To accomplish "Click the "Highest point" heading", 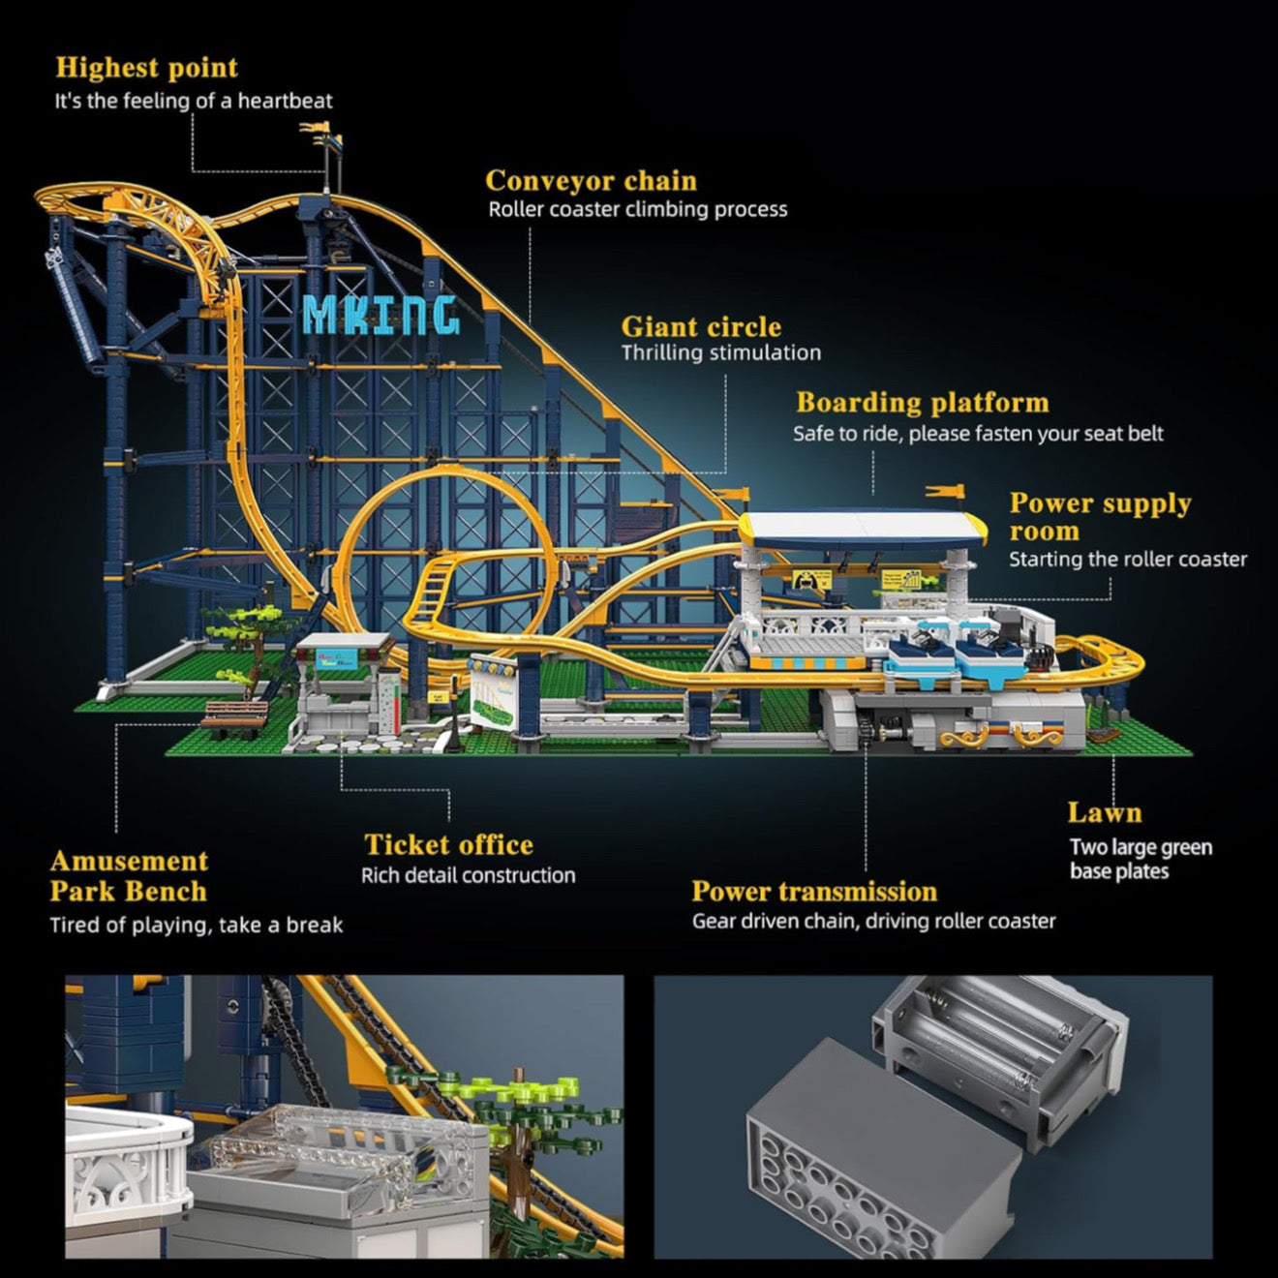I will point(146,68).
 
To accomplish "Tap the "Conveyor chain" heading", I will point(591,181).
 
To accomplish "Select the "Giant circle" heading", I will point(701,327).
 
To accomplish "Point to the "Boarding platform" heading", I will point(922,403).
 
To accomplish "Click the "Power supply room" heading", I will point(1099,517).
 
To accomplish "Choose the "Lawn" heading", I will point(1104,812).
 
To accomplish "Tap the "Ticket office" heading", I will point(448,845).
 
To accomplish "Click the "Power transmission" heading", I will point(814,892).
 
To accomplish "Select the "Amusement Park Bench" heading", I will point(129,876).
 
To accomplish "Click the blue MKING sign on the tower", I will point(380,314).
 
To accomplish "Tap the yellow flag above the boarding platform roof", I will point(946,492).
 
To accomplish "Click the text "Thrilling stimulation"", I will point(720,353).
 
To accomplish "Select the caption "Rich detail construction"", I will point(468,876).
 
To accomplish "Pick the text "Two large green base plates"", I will point(1141,860).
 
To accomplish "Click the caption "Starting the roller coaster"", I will point(1128,560).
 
